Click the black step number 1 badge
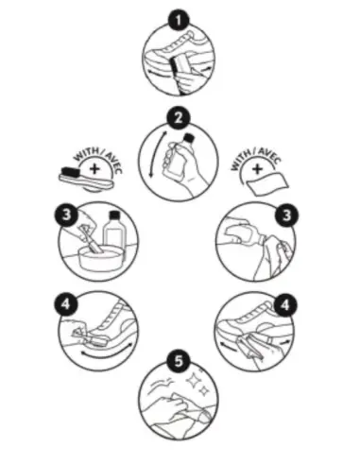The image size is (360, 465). click(179, 21)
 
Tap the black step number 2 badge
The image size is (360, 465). click(179, 118)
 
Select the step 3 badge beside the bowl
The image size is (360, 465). click(66, 215)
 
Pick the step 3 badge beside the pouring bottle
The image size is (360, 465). click(286, 215)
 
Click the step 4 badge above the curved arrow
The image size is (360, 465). click(66, 304)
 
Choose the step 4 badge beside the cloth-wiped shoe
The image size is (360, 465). click(285, 305)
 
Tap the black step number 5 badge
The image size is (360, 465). click(179, 361)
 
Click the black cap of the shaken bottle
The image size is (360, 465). click(188, 139)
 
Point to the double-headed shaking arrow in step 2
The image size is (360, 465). click(157, 154)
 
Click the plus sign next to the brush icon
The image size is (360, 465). click(94, 169)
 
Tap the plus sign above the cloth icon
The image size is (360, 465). click(257, 169)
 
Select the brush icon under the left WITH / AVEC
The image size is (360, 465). click(86, 179)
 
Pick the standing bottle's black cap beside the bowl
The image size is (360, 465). click(114, 215)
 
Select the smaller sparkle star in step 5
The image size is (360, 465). click(204, 391)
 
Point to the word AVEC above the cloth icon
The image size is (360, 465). click(269, 155)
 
